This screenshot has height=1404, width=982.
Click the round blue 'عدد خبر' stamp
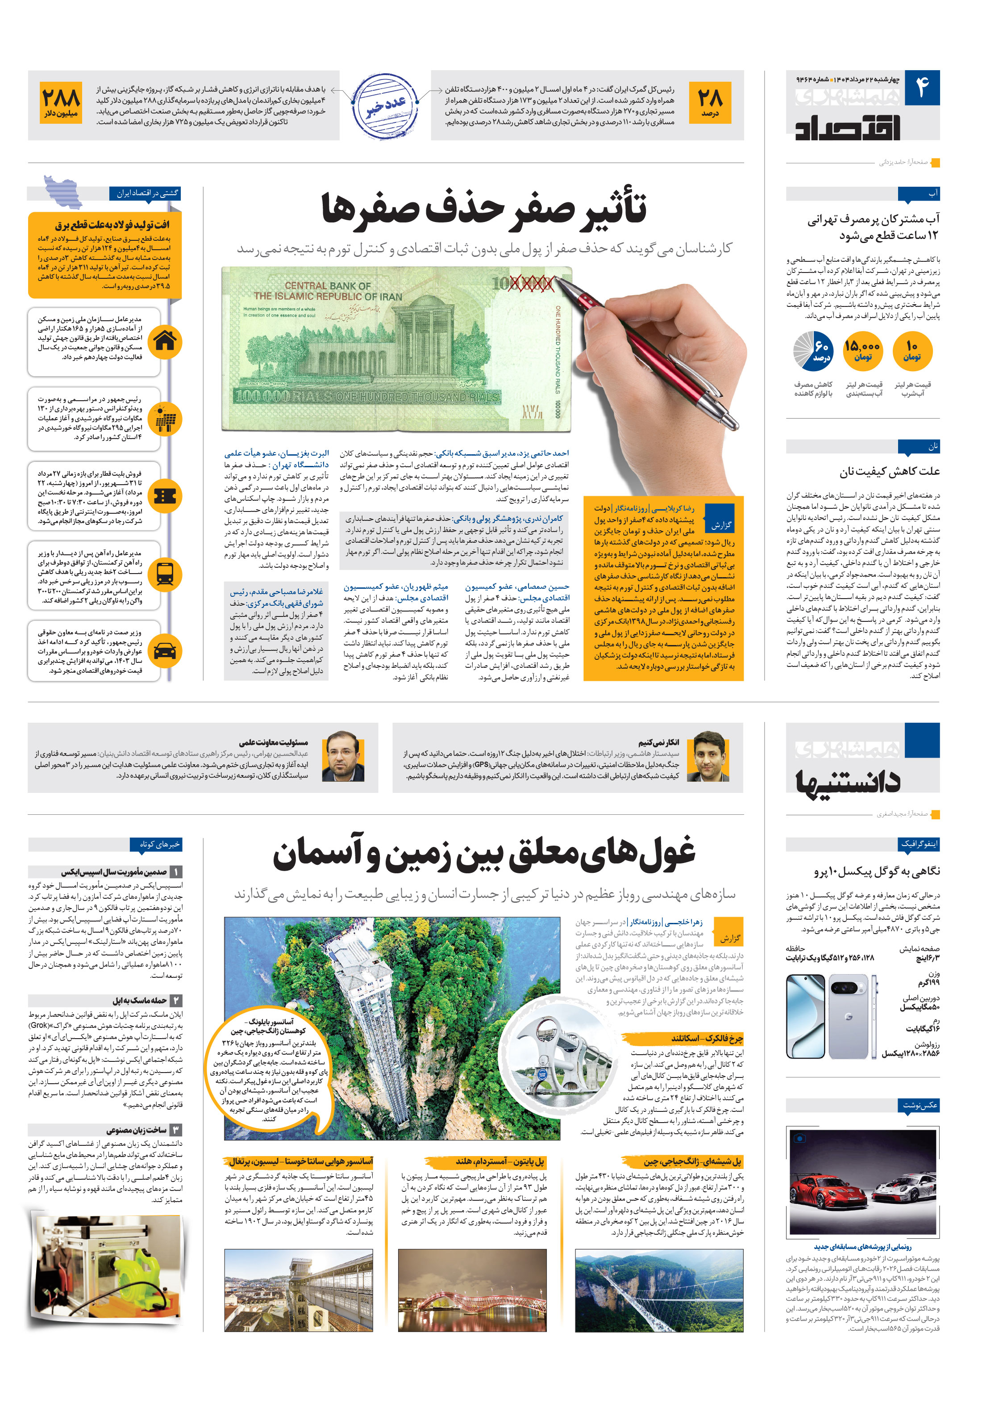click(x=386, y=105)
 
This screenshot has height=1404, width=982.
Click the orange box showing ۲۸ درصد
click(x=709, y=103)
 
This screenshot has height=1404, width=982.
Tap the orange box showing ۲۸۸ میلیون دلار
click(x=61, y=103)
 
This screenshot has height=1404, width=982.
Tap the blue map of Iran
click(x=63, y=191)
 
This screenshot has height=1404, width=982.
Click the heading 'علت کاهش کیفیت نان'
click(x=889, y=471)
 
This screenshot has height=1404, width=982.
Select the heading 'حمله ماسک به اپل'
click(x=139, y=1001)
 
